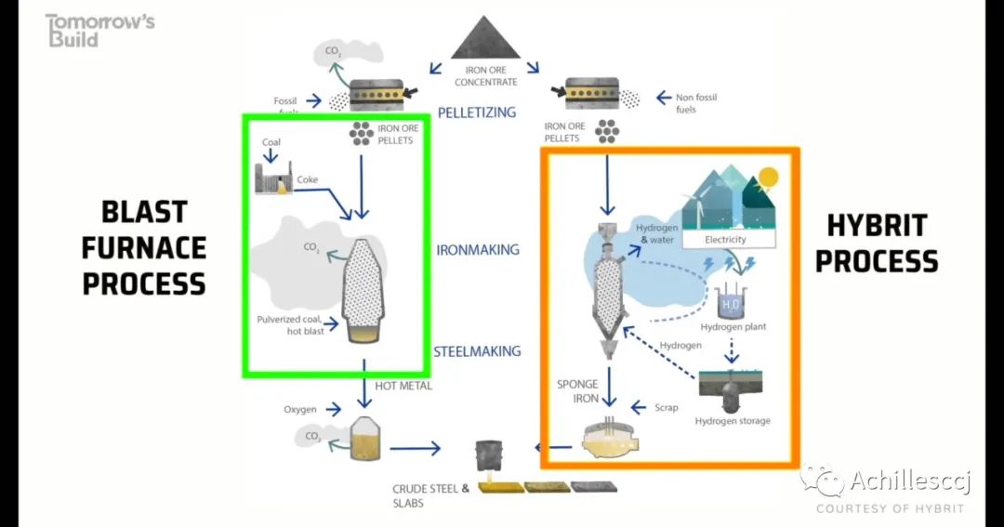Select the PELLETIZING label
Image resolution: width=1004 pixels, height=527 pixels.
pos(476,112)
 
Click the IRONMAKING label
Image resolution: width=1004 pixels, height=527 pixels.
pos(478,250)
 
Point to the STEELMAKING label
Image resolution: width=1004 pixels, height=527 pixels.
pos(477,351)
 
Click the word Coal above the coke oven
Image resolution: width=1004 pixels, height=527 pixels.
pos(271,142)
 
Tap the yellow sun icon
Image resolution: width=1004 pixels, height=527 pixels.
pos(768,177)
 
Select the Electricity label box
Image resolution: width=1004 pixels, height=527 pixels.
pos(726,240)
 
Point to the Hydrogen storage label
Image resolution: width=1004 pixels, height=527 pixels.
pos(733,421)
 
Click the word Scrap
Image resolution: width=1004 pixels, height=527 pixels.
pos(667,407)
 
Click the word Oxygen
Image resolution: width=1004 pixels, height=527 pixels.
pos(300,409)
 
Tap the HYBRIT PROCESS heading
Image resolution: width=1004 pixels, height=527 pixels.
pos(876,244)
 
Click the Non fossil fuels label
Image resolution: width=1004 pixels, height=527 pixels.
pos(696,103)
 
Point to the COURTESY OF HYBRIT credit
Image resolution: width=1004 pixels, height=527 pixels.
pos(890,508)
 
